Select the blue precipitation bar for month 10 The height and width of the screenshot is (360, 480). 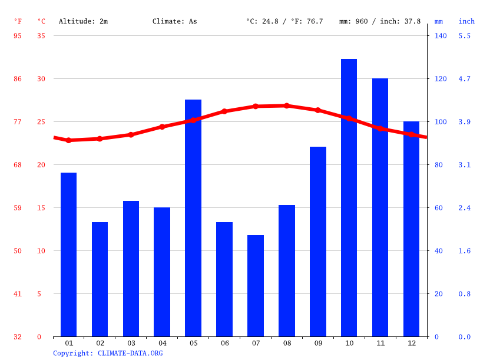349,197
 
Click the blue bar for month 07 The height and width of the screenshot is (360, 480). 256,286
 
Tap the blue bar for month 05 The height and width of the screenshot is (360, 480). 193,218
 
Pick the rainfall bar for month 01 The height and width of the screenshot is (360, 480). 69,255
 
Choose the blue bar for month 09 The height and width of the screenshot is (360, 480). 318,242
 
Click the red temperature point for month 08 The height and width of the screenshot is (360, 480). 287,106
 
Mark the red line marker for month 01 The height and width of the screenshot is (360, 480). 69,140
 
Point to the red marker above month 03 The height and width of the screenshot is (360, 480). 131,135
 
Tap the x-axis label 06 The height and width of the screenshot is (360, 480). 224,343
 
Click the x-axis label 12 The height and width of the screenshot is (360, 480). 411,343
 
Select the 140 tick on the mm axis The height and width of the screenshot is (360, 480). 441,36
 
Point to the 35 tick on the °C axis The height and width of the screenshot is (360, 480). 41,36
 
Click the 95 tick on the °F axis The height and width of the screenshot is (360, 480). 18,36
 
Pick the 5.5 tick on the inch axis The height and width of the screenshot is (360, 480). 465,36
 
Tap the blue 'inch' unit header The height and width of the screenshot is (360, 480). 466,21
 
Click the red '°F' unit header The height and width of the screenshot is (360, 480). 18,21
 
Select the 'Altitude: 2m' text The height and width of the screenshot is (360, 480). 83,21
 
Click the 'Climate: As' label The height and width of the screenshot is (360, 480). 175,21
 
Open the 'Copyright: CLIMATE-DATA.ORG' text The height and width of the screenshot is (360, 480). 108,353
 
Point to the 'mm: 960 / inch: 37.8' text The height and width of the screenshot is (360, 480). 380,21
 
